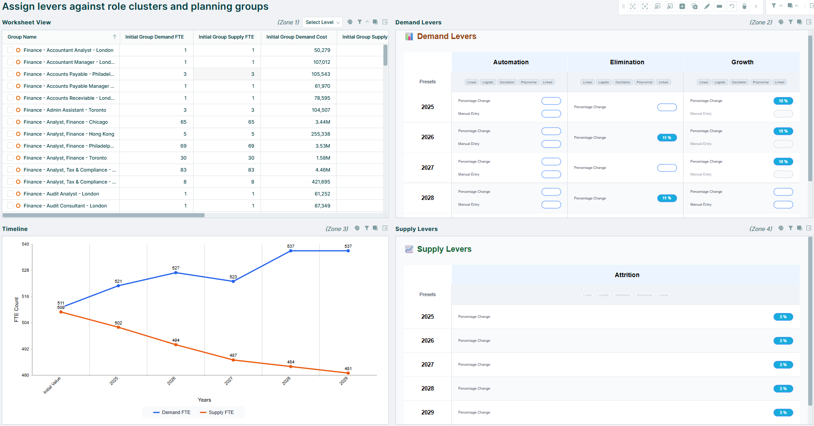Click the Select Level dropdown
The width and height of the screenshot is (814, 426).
pyautogui.click(x=322, y=22)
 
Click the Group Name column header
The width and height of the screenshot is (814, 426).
pyautogui.click(x=22, y=37)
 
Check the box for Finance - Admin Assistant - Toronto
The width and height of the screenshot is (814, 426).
pyautogui.click(x=10, y=110)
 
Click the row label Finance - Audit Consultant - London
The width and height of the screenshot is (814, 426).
pyautogui.click(x=65, y=206)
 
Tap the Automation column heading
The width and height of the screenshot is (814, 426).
pyautogui.click(x=510, y=62)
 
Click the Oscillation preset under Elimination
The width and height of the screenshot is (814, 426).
pyautogui.click(x=622, y=82)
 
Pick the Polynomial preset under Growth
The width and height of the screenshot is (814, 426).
pyautogui.click(x=760, y=82)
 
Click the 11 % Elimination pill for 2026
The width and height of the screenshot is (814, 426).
pyautogui.click(x=667, y=137)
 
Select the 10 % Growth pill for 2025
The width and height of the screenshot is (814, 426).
pyautogui.click(x=783, y=101)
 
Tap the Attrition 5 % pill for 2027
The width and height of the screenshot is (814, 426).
pyautogui.click(x=783, y=364)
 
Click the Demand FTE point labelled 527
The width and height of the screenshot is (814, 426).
pyautogui.click(x=176, y=273)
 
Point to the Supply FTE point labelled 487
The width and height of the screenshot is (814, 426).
pyautogui.click(x=233, y=360)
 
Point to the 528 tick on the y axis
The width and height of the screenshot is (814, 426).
pyautogui.click(x=25, y=270)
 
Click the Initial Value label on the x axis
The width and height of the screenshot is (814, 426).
pyautogui.click(x=52, y=385)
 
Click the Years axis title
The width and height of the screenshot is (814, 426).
pyautogui.click(x=204, y=400)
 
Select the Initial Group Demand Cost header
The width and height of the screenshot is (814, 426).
pyautogui.click(x=296, y=37)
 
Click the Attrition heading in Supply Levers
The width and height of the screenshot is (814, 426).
pyautogui.click(x=627, y=275)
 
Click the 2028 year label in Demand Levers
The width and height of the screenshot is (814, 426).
pyautogui.click(x=427, y=198)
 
